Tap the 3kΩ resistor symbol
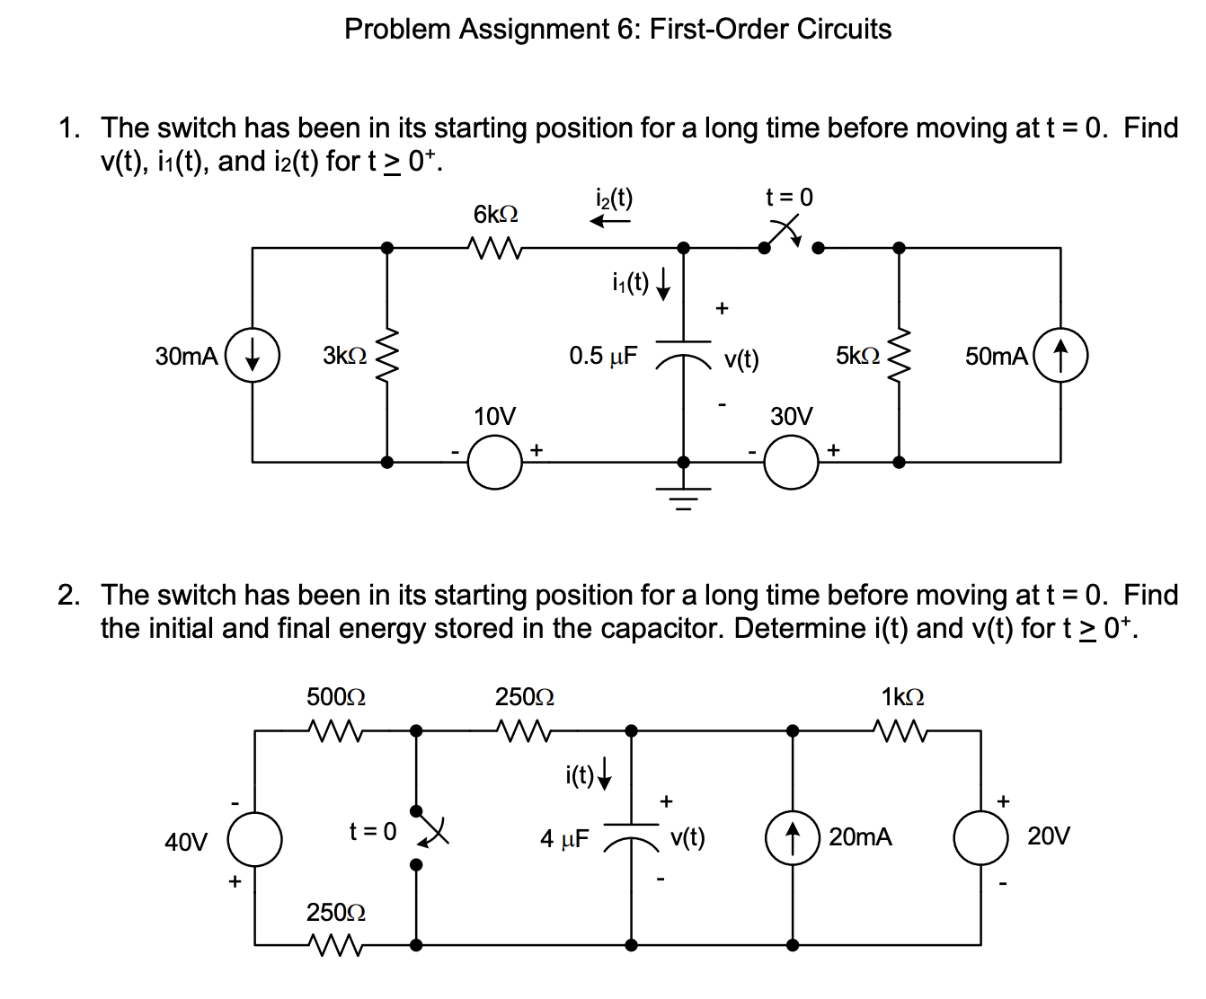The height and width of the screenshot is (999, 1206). point(387,355)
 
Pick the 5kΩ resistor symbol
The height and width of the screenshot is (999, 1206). point(899,355)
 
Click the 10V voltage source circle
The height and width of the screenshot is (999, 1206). point(495,463)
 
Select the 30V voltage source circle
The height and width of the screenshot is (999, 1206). point(791,463)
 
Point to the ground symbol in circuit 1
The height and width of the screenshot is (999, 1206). point(683,494)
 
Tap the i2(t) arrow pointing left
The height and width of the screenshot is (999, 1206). point(610,221)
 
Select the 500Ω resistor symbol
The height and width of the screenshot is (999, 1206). point(334,731)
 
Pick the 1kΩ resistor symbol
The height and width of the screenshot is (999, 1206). point(900,731)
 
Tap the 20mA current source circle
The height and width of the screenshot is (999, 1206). point(792,838)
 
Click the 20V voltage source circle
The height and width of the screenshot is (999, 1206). point(980,838)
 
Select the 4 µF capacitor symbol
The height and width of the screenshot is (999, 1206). point(631,835)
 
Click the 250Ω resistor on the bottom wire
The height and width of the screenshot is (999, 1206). point(334,944)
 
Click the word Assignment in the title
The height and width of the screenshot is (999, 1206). point(534,29)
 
